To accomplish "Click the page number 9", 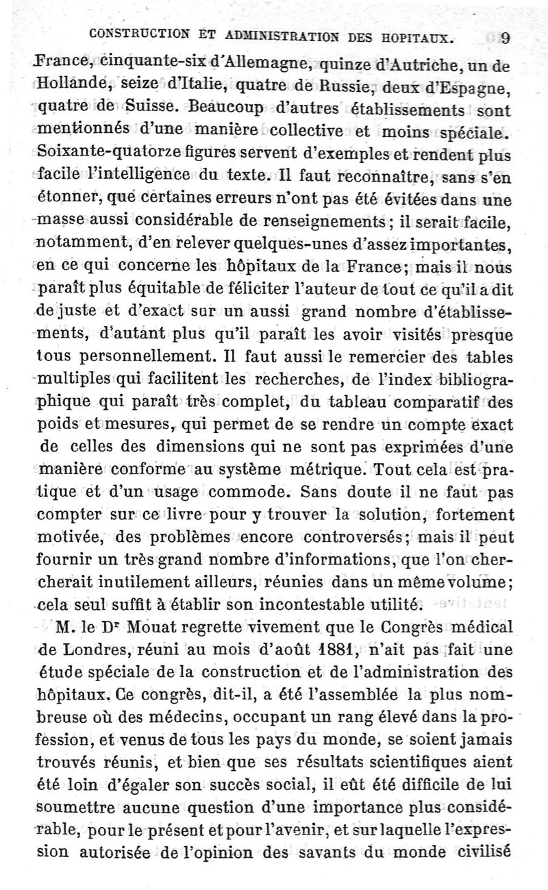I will (x=505, y=38).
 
